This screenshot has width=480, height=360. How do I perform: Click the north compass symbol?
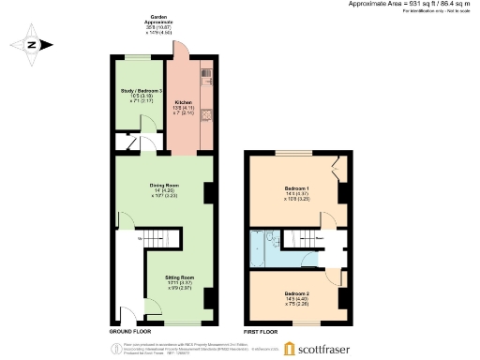pyautogui.click(x=32, y=44)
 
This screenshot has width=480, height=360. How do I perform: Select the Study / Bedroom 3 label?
pyautogui.click(x=137, y=91)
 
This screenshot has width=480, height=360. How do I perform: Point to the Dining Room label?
pyautogui.click(x=165, y=186)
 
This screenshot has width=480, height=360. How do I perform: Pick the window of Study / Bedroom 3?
pyautogui.click(x=138, y=58)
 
